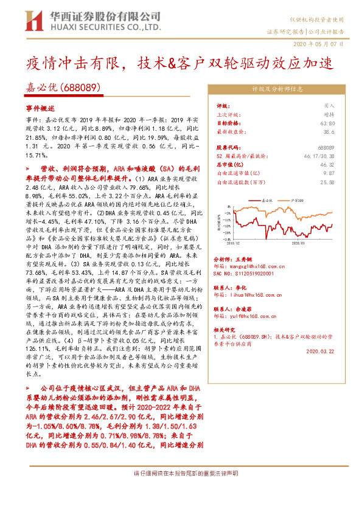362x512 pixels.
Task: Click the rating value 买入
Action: click(329, 105)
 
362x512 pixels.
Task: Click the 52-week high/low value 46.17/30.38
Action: click(318, 156)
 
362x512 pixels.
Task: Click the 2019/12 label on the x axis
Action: click(232, 242)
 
